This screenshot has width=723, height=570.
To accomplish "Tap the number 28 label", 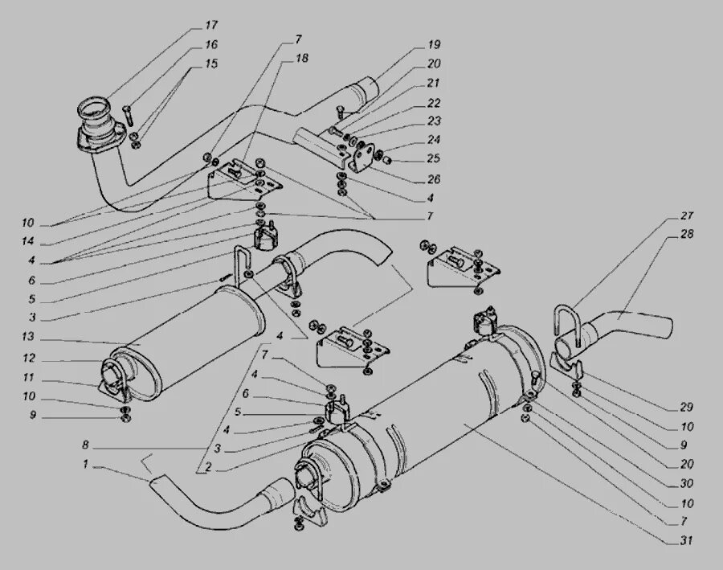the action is pos(687,235).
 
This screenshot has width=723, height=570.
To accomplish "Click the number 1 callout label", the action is pos(85,464).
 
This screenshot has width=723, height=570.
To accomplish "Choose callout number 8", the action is pos(85,445).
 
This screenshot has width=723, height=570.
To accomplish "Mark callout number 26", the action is pos(434,178).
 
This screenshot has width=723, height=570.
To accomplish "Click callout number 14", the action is pos(28,242).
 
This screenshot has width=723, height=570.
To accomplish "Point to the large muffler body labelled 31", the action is pos(434,418).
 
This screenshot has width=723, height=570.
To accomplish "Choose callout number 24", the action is pos(434,141).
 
